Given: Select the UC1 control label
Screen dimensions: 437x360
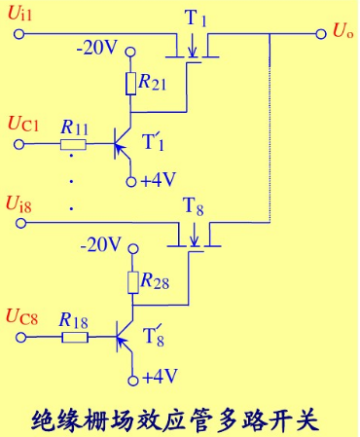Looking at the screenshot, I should pyautogui.click(x=23, y=125).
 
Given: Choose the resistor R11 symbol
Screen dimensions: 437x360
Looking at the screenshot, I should pyautogui.click(x=73, y=146).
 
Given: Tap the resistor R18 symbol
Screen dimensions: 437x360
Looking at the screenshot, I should pyautogui.click(x=73, y=340).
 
